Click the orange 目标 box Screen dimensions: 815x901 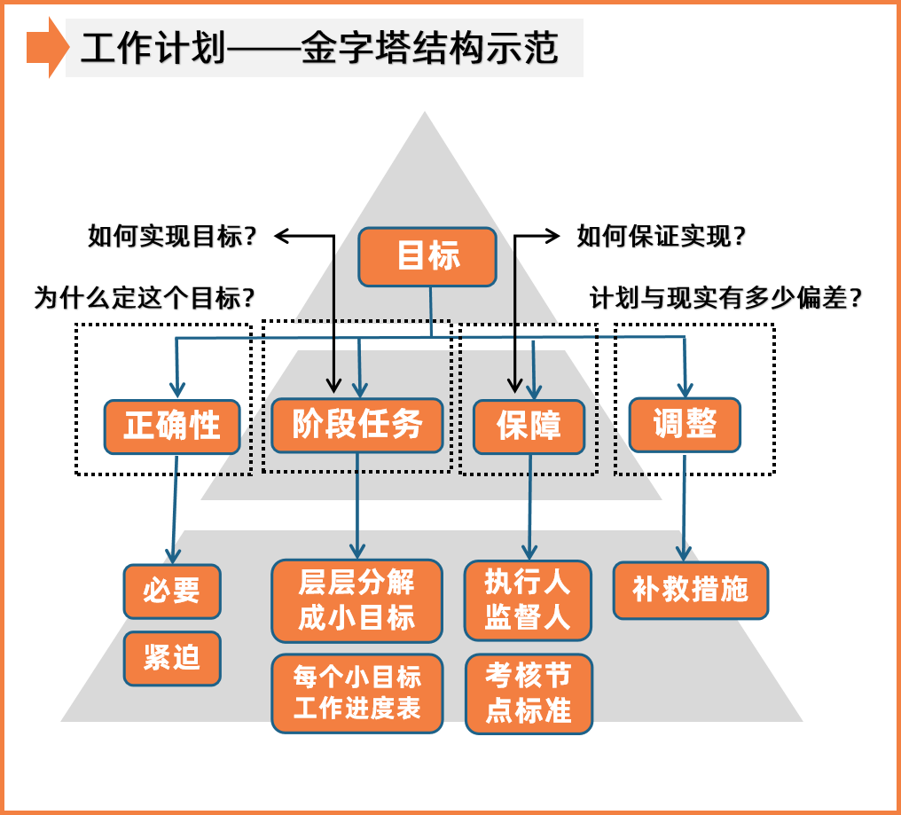(427, 257)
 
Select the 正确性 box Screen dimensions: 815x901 (172, 427)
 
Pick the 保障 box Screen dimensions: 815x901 (529, 427)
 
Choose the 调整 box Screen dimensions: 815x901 (684, 425)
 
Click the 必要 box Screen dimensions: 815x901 (172, 591)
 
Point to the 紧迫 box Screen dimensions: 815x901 (172, 658)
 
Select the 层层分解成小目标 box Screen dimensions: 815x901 (356, 600)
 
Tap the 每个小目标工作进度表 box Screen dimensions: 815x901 (356, 694)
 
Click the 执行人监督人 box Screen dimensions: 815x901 (528, 600)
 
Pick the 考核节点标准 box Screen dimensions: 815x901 (529, 694)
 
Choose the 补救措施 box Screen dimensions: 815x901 (691, 590)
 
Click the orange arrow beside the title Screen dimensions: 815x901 (47, 47)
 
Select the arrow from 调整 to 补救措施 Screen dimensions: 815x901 (684, 505)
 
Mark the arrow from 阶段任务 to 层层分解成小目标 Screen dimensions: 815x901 (357, 505)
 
